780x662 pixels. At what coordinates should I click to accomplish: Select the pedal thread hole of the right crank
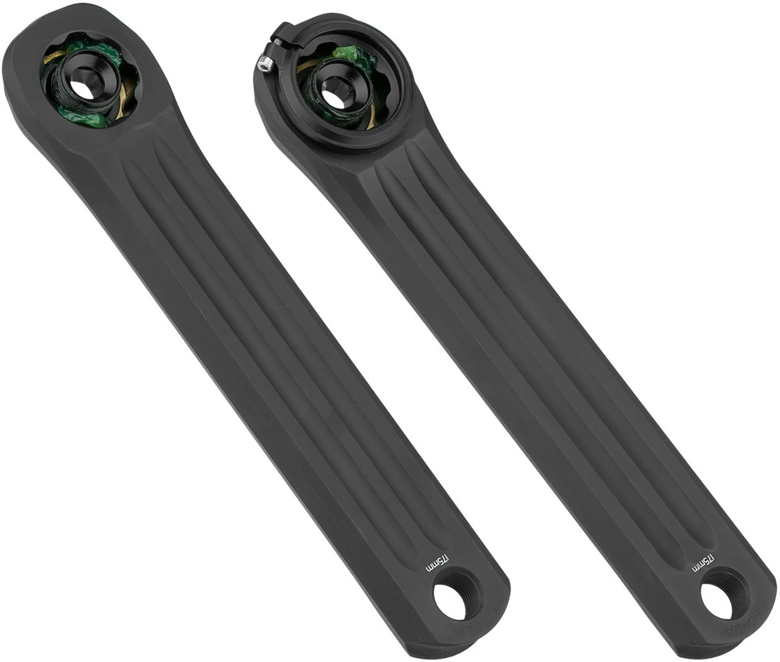717,601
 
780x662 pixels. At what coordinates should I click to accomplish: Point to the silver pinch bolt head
263,64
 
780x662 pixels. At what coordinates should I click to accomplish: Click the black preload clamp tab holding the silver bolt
279,36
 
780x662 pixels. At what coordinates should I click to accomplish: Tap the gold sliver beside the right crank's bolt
373,118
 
